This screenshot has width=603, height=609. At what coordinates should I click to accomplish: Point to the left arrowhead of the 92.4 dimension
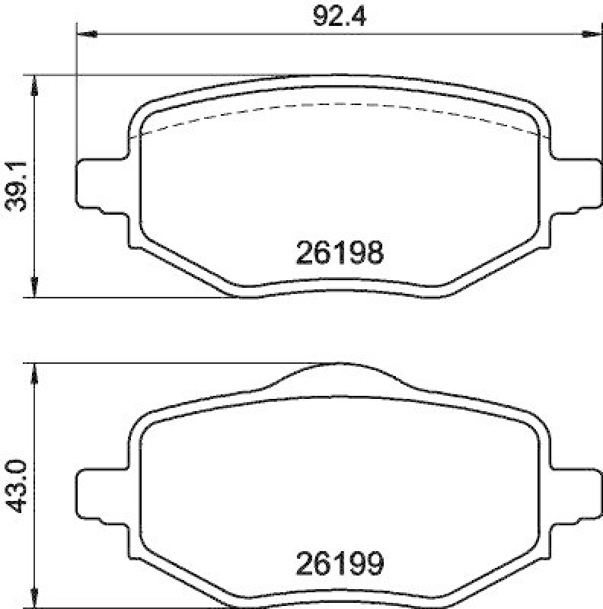[x=85, y=34]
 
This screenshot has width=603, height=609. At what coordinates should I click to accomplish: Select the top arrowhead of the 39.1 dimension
[x=34, y=82]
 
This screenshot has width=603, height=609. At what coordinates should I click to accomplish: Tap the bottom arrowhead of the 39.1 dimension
[x=34, y=289]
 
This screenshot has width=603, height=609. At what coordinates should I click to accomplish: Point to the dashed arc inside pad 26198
[x=339, y=104]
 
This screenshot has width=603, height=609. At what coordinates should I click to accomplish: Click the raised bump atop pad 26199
[x=339, y=370]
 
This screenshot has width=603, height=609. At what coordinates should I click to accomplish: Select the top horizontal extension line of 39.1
[x=152, y=75]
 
